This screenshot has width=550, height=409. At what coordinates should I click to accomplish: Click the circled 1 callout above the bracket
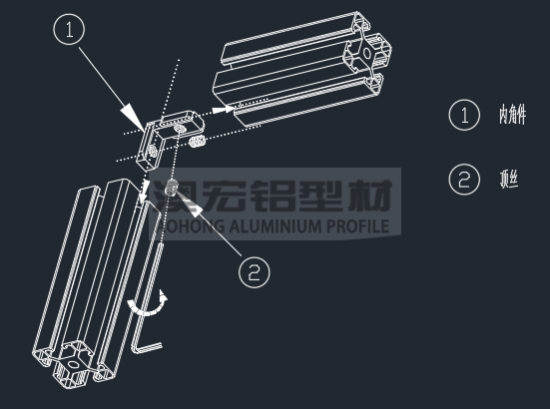pyautogui.click(x=68, y=32)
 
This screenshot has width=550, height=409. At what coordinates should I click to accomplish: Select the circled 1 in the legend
pyautogui.click(x=464, y=115)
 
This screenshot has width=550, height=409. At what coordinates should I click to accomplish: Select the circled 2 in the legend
pyautogui.click(x=464, y=179)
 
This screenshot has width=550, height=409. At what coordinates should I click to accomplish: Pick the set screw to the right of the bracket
pyautogui.click(x=198, y=146)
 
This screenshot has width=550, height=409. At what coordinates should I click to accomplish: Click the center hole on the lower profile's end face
pyautogui.click(x=71, y=372)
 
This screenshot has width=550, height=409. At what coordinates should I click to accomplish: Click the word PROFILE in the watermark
pyautogui.click(x=355, y=226)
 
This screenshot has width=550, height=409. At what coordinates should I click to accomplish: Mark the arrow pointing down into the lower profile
pyautogui.click(x=146, y=188)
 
